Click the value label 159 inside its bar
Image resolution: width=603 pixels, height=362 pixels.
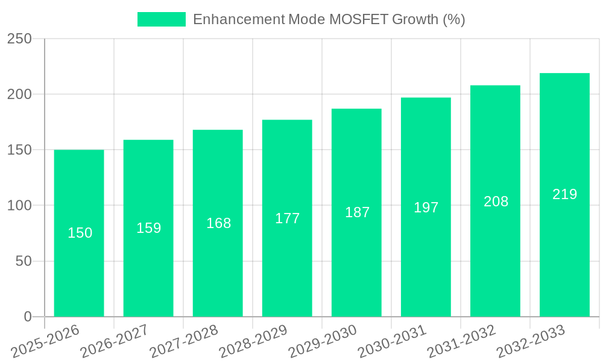coord(149,228)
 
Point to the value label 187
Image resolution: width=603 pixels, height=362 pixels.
coord(357,212)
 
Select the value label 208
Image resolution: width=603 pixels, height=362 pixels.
coord(496,202)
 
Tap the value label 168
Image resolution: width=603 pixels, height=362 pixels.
coord(218,223)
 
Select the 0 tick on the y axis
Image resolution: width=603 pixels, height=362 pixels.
coord(27,317)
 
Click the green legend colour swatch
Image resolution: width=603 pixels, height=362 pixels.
coord(161,19)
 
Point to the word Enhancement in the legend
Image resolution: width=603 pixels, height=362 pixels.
coord(238,19)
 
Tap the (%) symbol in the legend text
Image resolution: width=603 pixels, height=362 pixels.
coord(454,19)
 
